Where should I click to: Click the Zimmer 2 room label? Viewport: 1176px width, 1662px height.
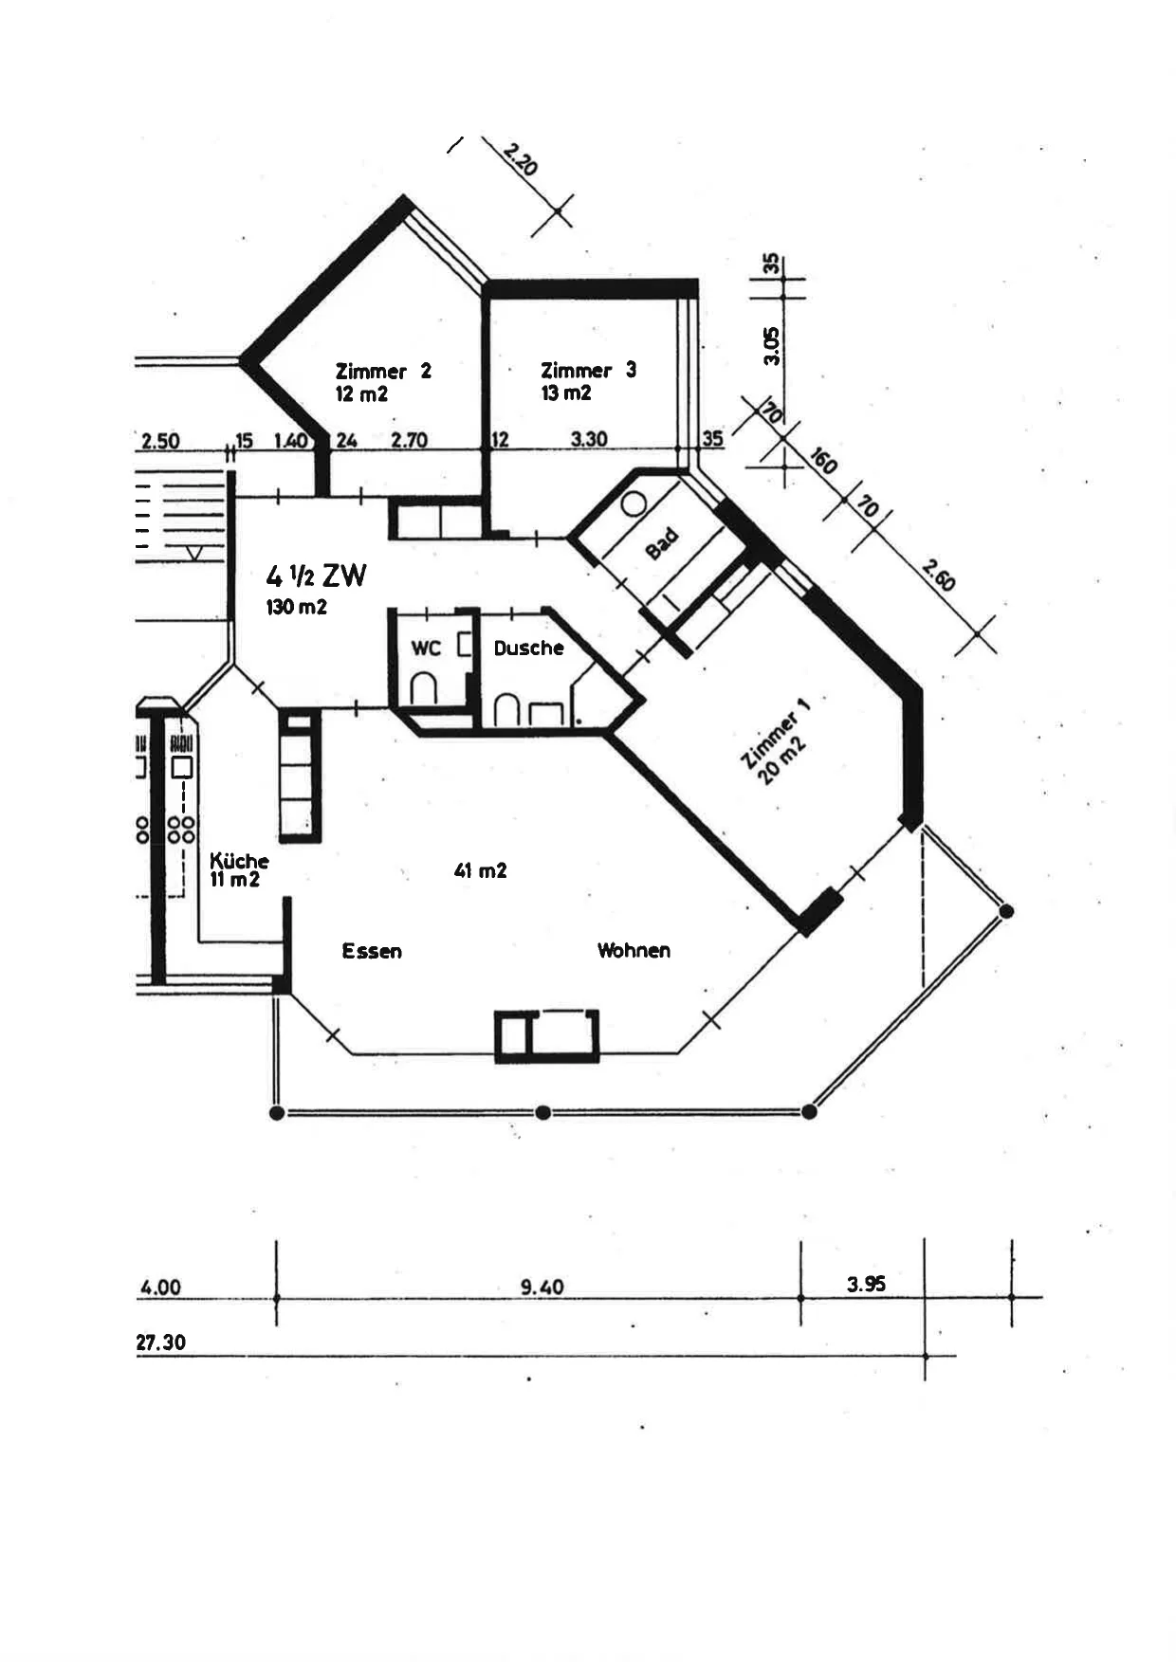coord(383,371)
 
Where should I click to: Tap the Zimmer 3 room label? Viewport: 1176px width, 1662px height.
coord(588,370)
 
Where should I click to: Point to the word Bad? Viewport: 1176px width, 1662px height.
coord(662,543)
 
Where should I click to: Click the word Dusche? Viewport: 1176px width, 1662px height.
coord(528,648)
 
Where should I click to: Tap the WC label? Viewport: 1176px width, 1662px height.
coord(426,648)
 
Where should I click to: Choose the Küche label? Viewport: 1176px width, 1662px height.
coord(239,861)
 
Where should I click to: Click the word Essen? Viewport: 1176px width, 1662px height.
coord(372,951)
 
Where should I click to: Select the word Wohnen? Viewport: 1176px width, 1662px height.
coord(634,950)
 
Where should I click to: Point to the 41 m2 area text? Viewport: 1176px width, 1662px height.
coord(480,870)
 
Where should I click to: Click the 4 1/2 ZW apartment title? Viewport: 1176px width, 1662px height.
coord(316,575)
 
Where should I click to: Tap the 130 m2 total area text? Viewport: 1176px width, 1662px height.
coord(297,607)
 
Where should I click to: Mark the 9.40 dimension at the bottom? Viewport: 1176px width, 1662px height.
coord(542,1287)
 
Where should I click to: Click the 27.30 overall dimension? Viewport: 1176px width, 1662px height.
coord(161,1342)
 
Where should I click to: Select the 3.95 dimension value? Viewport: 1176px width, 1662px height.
coord(866,1284)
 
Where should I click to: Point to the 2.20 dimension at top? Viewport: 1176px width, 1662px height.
coord(521,158)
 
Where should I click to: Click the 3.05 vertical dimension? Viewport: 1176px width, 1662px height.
coord(772,346)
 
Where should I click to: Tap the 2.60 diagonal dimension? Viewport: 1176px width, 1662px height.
coord(938,575)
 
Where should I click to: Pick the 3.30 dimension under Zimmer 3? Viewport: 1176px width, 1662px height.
coord(589,439)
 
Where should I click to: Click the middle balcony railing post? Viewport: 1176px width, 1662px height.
coord(542,1112)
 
